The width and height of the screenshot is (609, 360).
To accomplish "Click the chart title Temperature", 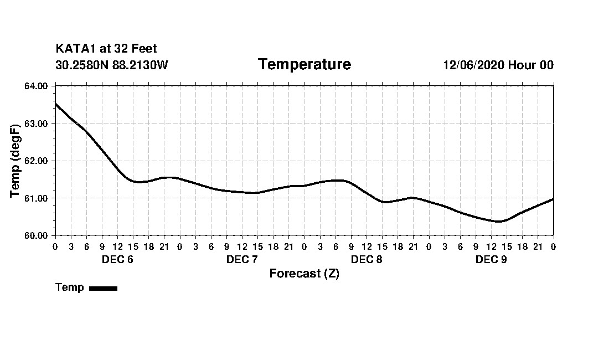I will (x=304, y=65).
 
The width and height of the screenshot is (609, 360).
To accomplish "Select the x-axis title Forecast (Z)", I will (x=304, y=274).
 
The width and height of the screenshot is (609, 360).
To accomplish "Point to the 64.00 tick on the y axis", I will (x=36, y=86).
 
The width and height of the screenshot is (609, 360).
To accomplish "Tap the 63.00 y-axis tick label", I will (x=36, y=124).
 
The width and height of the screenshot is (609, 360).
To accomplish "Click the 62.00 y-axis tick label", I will (x=36, y=161).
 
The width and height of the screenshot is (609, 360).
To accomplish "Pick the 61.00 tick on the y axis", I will (x=36, y=198).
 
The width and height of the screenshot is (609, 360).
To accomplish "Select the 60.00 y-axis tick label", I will (x=36, y=235).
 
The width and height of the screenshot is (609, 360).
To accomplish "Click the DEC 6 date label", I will (x=117, y=260).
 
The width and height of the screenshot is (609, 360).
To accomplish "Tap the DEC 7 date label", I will (x=242, y=260).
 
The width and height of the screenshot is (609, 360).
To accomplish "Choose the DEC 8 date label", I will (x=367, y=260).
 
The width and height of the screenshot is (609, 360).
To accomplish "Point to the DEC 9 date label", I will (x=491, y=260).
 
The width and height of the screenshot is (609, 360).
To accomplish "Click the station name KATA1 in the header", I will (x=75, y=49).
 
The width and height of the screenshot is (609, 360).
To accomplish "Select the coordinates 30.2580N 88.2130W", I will (x=112, y=65).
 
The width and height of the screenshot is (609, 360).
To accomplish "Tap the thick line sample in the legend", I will (x=103, y=288).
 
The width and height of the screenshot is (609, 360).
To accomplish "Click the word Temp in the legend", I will (x=70, y=287).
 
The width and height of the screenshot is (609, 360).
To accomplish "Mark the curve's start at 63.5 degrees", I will (x=55, y=104).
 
